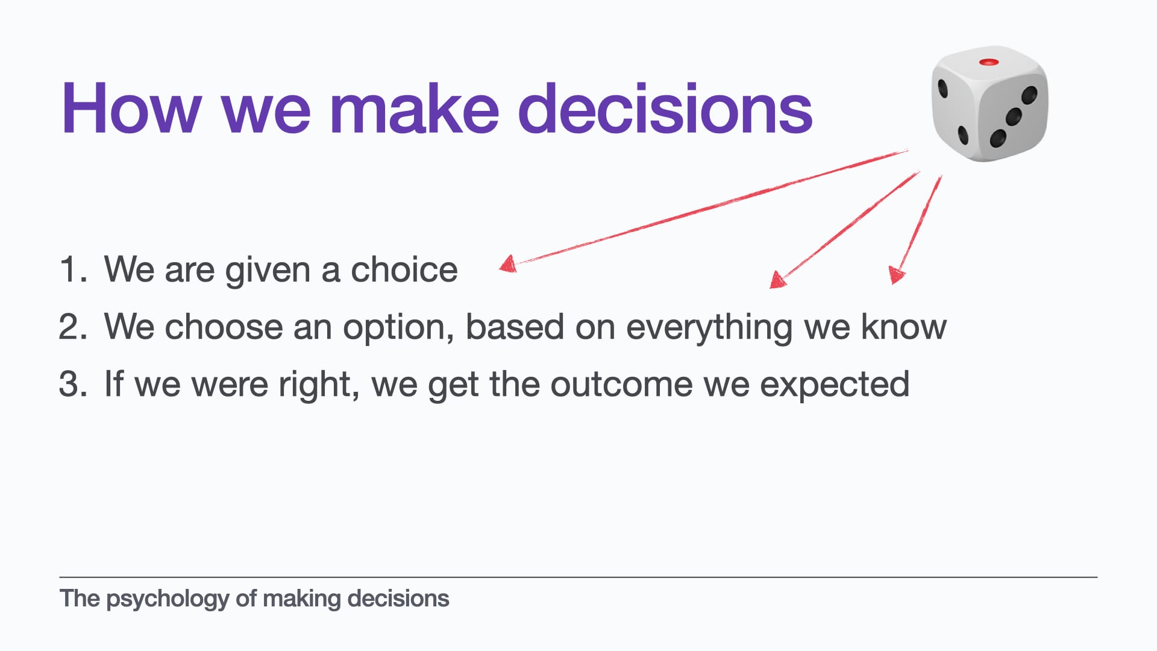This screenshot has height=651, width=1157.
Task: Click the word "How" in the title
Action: [x=131, y=108]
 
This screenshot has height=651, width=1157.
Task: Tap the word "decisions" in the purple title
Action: [x=665, y=108]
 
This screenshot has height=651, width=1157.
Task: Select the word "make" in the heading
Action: [x=414, y=108]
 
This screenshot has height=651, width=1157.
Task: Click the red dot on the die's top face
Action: [x=989, y=62]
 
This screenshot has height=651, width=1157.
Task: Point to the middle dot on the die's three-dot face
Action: [x=1014, y=116]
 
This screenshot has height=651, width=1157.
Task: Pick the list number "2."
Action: [x=73, y=327]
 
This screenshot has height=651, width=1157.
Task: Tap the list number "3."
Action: [x=73, y=384]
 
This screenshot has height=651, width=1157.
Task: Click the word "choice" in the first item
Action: [x=404, y=269]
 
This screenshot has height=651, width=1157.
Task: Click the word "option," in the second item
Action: [x=398, y=329]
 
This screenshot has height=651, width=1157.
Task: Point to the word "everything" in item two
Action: [x=709, y=329]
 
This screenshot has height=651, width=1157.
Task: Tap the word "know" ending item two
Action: [x=904, y=326]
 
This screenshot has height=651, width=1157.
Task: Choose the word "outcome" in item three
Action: [x=621, y=385]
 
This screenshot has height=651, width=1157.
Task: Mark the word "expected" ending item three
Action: [x=835, y=386]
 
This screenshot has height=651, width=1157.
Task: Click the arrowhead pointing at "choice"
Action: [x=508, y=264]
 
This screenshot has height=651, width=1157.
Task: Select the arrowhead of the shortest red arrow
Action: [x=897, y=275]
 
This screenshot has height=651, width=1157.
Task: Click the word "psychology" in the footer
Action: [x=168, y=600]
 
